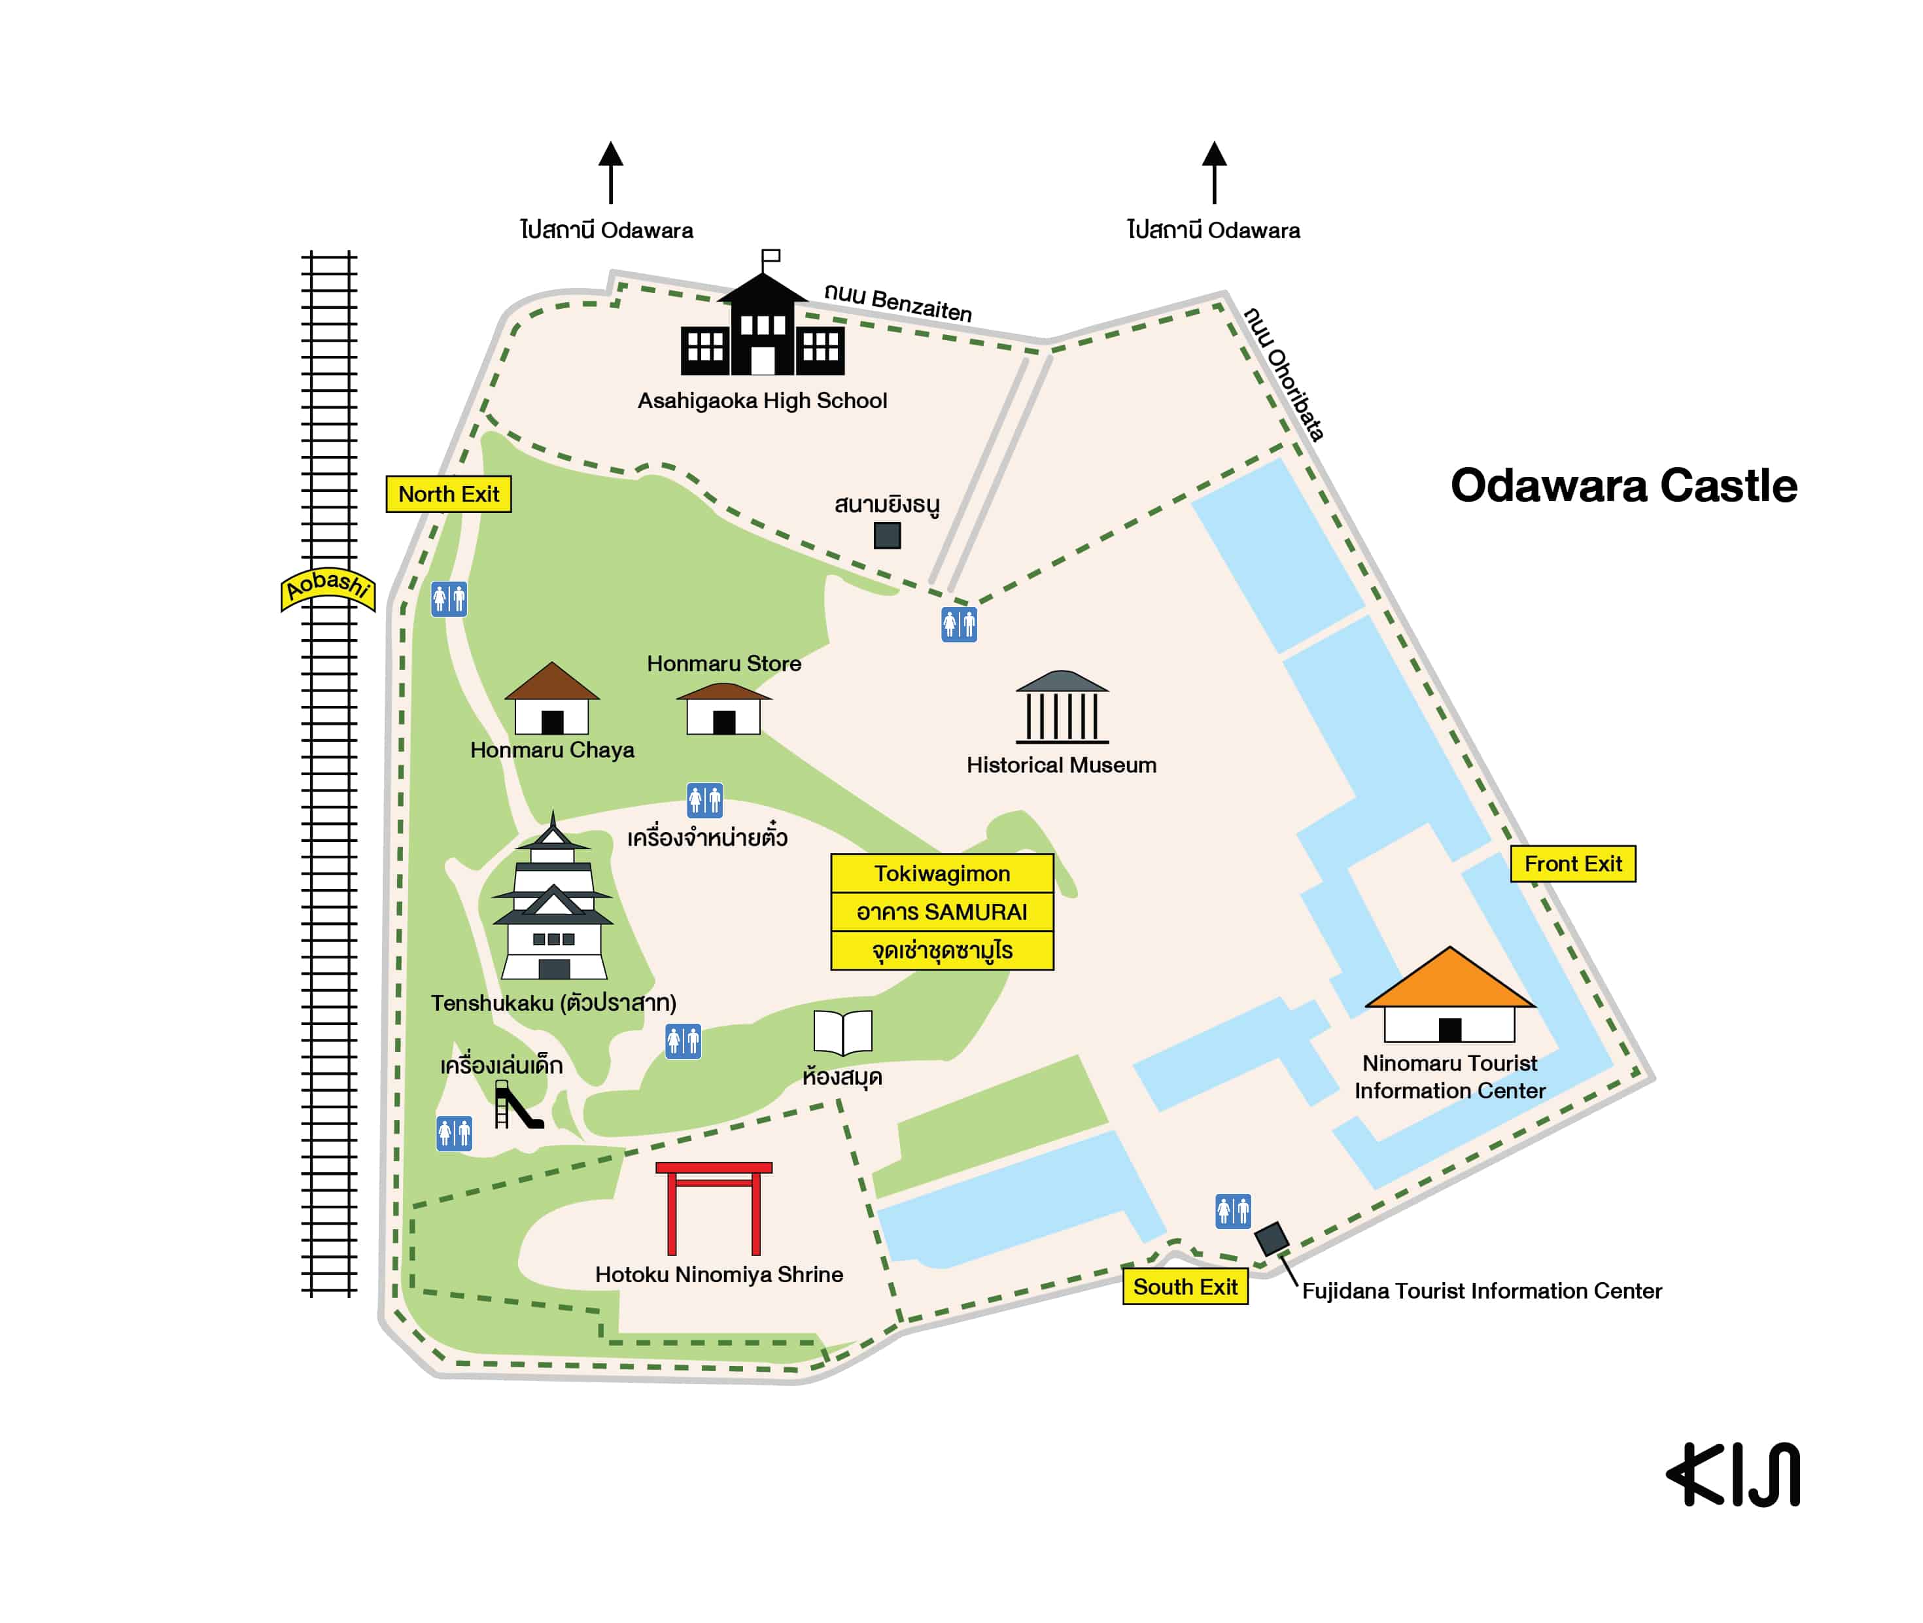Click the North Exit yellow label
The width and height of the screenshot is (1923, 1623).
pyautogui.click(x=448, y=494)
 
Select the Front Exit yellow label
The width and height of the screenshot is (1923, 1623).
pyautogui.click(x=1572, y=864)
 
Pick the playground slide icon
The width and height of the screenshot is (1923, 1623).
pyautogui.click(x=516, y=1105)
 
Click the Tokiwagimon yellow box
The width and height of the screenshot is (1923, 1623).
pyautogui.click(x=941, y=873)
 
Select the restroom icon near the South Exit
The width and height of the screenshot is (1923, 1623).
pyautogui.click(x=1232, y=1211)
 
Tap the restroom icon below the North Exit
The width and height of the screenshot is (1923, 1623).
pyautogui.click(x=449, y=599)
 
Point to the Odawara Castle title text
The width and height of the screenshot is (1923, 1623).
pyautogui.click(x=1623, y=486)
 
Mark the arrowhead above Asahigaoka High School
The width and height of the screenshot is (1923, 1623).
pyautogui.click(x=610, y=154)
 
